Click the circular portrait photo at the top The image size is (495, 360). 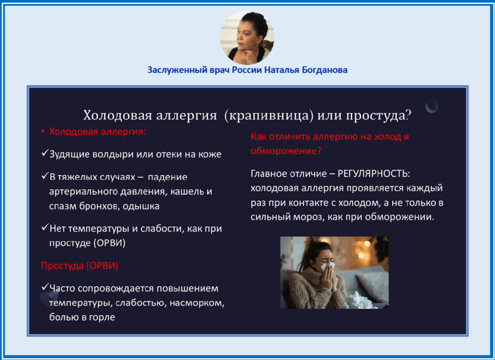coord(247,37)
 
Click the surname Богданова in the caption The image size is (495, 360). coord(324,70)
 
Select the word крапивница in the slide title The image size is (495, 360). coord(269,115)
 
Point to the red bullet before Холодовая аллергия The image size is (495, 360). coord(43,132)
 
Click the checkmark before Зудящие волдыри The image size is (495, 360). coord(44,153)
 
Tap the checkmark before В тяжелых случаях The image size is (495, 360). coord(44,176)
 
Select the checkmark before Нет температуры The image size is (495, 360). coord(44,227)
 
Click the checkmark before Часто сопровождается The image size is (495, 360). coord(44,287)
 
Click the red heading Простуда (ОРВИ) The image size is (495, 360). coord(80,266)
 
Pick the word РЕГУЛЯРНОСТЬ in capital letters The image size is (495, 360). coord(373,174)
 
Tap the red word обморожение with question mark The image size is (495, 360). coord(286,151)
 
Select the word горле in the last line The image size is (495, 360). coord(102,317)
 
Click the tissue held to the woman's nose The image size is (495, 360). coord(328,267)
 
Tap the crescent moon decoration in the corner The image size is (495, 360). coord(432,106)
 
